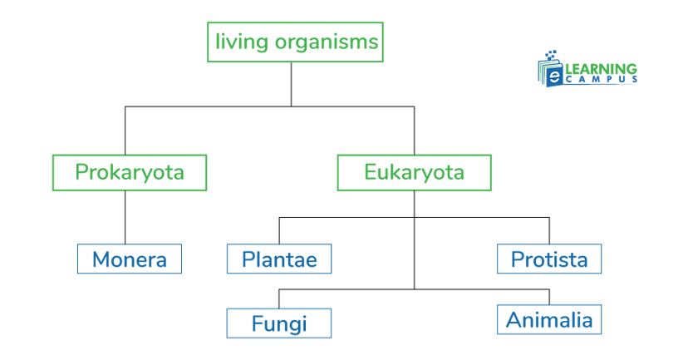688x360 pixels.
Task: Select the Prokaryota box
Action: (x=129, y=172)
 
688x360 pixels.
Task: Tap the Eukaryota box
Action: (x=414, y=172)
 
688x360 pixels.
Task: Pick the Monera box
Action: (x=129, y=259)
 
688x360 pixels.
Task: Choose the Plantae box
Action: (x=279, y=259)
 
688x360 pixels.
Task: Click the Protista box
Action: (x=548, y=259)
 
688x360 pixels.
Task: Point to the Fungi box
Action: (x=279, y=323)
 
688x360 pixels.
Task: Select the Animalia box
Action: (x=548, y=319)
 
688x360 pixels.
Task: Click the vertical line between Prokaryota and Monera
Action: (x=125, y=218)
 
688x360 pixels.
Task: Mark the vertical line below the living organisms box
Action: (x=291, y=83)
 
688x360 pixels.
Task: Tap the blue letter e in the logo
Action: (x=553, y=77)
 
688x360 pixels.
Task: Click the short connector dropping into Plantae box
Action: (x=279, y=231)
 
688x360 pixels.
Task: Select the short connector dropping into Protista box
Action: (x=548, y=231)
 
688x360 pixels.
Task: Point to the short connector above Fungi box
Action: (x=279, y=298)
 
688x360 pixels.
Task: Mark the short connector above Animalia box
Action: (x=548, y=297)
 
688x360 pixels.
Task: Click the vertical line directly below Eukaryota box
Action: (x=414, y=204)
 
